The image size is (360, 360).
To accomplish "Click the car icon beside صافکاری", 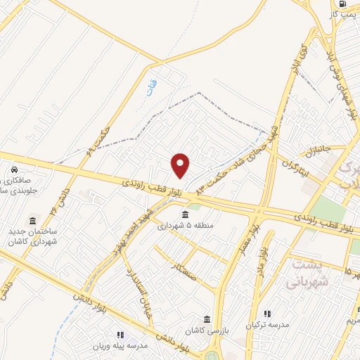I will pyautogui.click(x=13, y=169).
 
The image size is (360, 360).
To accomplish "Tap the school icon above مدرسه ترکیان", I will pyautogui.click(x=266, y=314).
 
